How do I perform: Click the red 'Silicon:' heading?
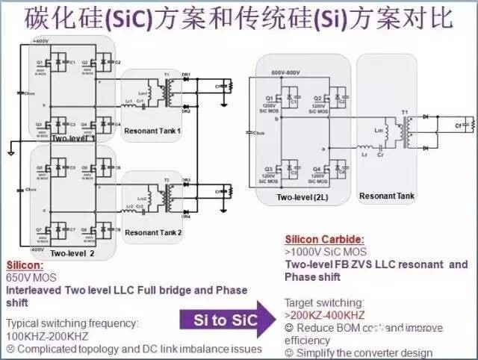[x=25, y=266]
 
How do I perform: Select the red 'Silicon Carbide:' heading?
[x=325, y=240]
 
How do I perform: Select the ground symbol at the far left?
[x=10, y=152]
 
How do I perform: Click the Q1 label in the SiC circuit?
[x=268, y=98]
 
